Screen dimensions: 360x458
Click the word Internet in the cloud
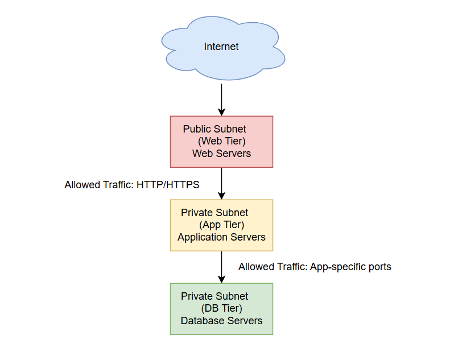point(221,47)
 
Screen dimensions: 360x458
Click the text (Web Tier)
point(221,142)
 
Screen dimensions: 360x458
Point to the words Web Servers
point(221,154)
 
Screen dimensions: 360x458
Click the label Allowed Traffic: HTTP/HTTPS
point(131,185)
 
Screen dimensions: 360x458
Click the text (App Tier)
point(221,225)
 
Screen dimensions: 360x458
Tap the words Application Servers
point(221,237)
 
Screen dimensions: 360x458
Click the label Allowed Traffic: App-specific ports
point(315,266)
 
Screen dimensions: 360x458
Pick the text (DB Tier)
point(221,309)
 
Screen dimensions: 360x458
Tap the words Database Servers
point(221,321)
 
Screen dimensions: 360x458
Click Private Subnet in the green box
point(214,296)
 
